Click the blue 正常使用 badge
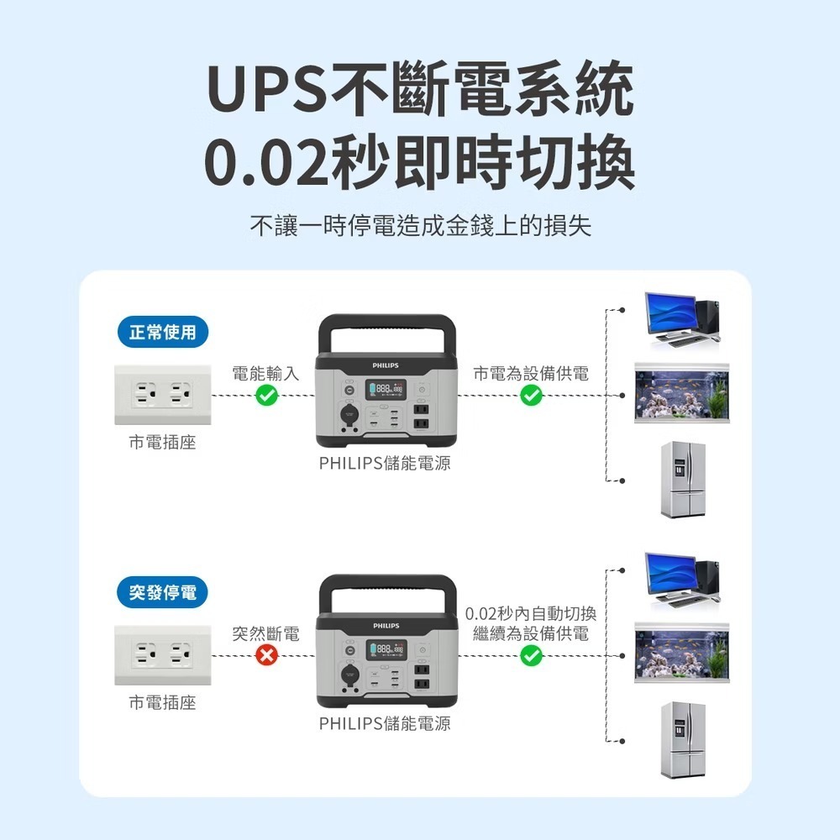(162, 333)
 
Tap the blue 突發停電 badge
(162, 592)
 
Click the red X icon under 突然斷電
(266, 656)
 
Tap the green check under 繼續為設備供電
(531, 656)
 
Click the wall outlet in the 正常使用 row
(164, 395)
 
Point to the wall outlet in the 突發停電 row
(164, 655)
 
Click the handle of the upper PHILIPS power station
(386, 324)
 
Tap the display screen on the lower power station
(386, 648)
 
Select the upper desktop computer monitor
(670, 312)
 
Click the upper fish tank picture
(681, 395)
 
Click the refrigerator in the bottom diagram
(681, 739)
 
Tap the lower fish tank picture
(681, 655)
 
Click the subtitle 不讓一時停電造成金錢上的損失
(420, 226)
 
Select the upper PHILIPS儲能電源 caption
(385, 463)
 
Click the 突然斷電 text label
(266, 634)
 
